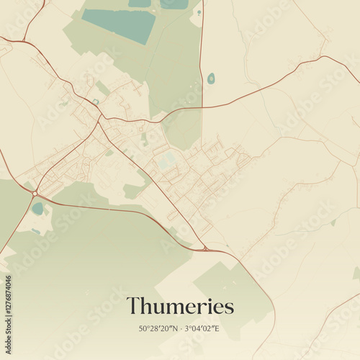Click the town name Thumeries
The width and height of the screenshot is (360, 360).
[x=180, y=306]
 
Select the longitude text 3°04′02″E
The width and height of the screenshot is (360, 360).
[x=202, y=328]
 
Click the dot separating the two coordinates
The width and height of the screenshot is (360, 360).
[x=181, y=328]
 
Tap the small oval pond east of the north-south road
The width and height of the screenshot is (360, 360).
[x=210, y=78]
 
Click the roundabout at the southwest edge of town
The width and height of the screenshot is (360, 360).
[x=35, y=193]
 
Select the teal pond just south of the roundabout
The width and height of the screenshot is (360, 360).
[x=37, y=209]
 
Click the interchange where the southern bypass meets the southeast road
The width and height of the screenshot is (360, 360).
[x=207, y=249]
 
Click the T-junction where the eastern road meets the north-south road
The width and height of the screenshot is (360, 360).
[x=202, y=107]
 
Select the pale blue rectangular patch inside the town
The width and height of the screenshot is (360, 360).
[x=166, y=160]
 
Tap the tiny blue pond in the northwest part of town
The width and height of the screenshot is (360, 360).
[x=95, y=102]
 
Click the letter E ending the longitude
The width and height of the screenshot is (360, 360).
[x=217, y=328]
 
